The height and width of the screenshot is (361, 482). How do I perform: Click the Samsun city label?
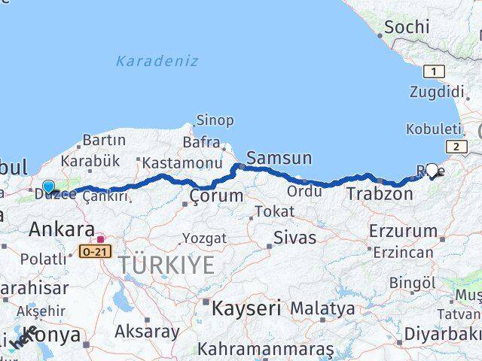point(279,158)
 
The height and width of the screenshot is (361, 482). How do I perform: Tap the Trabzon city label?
point(380,194)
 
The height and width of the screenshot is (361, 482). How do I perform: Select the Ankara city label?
point(62,230)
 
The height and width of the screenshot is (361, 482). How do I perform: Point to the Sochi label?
point(407,28)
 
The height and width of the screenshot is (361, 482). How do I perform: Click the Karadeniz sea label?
point(157,61)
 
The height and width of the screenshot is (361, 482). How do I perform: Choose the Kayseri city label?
point(246,308)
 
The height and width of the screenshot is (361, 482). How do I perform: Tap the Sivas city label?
point(294,238)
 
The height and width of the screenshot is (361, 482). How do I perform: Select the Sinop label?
point(215,120)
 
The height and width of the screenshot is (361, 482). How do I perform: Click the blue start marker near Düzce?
point(49,187)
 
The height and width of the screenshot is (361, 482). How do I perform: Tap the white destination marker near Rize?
point(432,171)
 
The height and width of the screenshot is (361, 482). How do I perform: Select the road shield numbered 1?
point(434,71)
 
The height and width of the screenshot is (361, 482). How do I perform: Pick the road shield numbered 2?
point(456,147)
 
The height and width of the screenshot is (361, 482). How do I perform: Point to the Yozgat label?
point(204,238)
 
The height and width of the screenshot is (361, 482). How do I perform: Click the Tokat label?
point(274,212)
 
